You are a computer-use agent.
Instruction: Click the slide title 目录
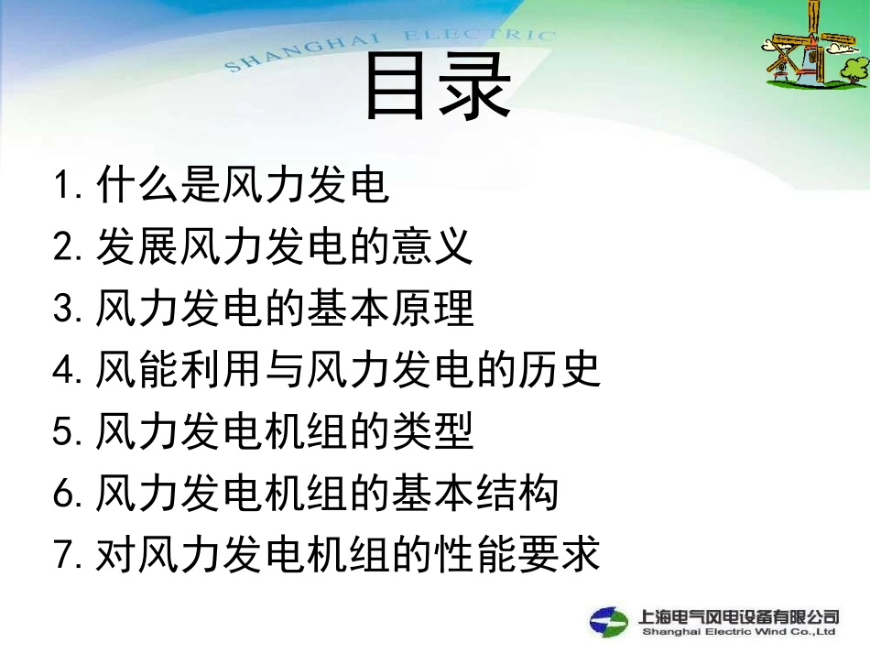coord(437,87)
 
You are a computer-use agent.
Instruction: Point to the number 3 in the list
coord(64,310)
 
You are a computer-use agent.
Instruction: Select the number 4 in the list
coord(64,371)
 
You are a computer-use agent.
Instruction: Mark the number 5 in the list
coord(64,432)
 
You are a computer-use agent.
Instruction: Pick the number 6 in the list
coord(64,495)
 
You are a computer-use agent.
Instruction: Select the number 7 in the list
coord(64,556)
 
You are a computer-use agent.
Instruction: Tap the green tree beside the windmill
coord(853,69)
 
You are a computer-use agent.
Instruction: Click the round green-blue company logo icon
coord(609,622)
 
